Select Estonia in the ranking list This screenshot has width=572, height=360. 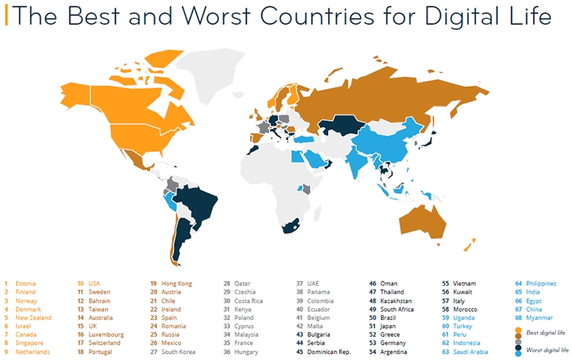[x=25, y=284]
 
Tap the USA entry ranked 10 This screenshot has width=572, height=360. [x=95, y=284]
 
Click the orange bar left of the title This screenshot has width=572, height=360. [x=6, y=15]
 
